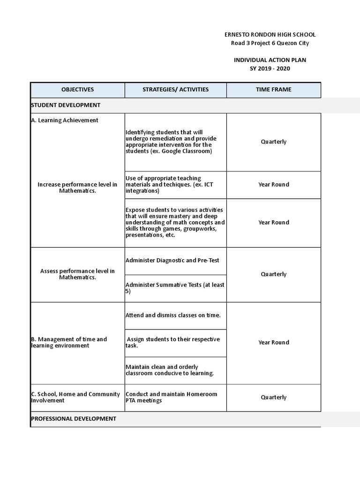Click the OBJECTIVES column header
click(x=77, y=90)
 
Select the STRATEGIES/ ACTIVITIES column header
click(x=176, y=90)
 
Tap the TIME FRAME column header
click(x=273, y=90)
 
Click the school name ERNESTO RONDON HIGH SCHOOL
click(x=270, y=35)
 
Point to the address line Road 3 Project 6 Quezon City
click(x=270, y=43)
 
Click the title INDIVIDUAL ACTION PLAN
click(x=270, y=60)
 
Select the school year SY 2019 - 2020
click(x=270, y=68)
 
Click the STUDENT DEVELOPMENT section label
click(x=66, y=105)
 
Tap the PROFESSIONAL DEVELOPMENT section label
click(x=74, y=419)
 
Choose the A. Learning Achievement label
click(x=65, y=120)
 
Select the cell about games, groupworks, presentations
click(x=175, y=222)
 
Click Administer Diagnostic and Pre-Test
click(x=172, y=260)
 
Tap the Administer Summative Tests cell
click(x=175, y=288)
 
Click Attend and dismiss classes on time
click(x=173, y=315)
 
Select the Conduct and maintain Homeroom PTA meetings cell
click(x=172, y=397)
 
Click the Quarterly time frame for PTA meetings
click(x=273, y=397)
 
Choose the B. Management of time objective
click(x=69, y=342)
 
